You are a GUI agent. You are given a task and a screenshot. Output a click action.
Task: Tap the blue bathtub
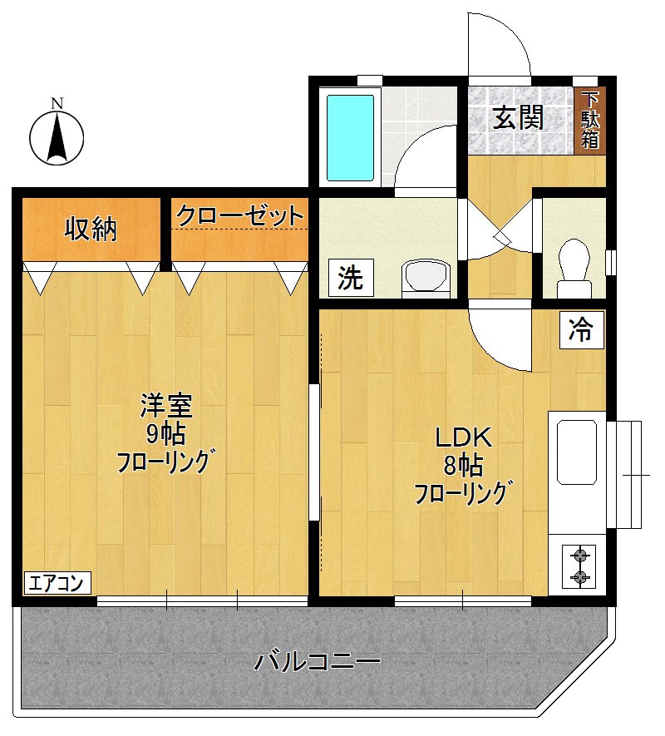pos(349,138)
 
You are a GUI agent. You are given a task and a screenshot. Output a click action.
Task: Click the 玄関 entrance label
pos(518,118)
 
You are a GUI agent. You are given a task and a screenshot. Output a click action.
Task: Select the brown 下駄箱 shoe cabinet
pos(589,120)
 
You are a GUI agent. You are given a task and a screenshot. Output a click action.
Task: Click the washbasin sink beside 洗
pos(426,276)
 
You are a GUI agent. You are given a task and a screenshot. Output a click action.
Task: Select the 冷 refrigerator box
pos(579,330)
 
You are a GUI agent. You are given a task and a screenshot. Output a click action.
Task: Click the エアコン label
pos(57,583)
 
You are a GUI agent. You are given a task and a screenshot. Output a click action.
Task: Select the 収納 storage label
pos(91,229)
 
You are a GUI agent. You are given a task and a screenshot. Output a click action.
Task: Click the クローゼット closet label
pos(239,215)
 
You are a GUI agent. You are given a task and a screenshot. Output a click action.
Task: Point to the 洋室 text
pos(166,406)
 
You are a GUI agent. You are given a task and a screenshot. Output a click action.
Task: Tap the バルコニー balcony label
pos(318,663)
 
